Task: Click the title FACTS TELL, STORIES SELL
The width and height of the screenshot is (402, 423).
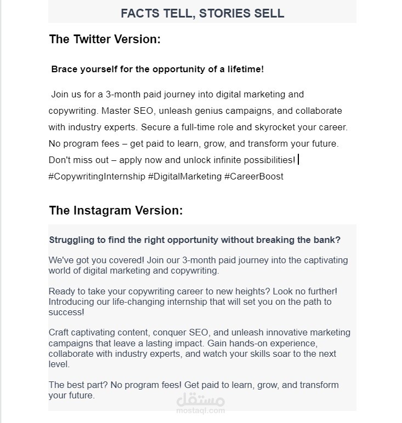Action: pos(202,13)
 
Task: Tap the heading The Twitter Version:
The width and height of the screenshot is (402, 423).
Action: pos(104,39)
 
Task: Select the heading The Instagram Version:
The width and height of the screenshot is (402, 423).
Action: pos(116,211)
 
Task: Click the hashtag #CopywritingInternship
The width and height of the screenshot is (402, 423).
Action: pos(97,177)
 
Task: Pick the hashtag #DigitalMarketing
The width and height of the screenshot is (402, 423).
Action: pos(185,177)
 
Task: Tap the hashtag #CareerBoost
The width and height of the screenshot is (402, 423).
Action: pos(254,177)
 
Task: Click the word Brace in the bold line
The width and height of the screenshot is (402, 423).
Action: pos(64,69)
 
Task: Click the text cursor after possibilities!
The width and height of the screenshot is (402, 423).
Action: pos(298,160)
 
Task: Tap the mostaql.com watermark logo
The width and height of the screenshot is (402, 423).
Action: pos(200,404)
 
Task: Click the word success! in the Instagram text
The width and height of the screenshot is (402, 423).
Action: pos(66,312)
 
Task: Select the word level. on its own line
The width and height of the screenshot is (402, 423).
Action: pos(59,364)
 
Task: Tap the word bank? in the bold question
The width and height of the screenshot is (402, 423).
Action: pos(327,240)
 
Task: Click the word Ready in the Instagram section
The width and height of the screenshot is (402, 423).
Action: pos(61,292)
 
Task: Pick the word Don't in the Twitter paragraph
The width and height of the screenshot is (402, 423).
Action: pos(59,160)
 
